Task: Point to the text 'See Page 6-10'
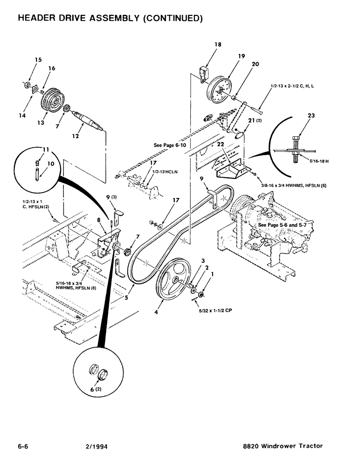point(170,145)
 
